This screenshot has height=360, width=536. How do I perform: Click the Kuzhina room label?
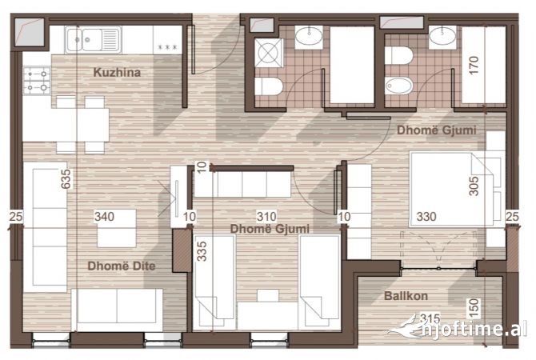(x=117, y=73)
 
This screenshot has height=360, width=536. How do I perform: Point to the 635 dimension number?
(x=67, y=179)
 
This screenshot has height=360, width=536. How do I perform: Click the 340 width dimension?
(x=105, y=216)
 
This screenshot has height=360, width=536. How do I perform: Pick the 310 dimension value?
(x=266, y=216)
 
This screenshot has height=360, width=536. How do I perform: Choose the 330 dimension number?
(x=426, y=216)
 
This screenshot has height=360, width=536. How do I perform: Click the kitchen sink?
(x=94, y=38)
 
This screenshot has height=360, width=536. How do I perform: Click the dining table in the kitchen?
(x=82, y=125)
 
